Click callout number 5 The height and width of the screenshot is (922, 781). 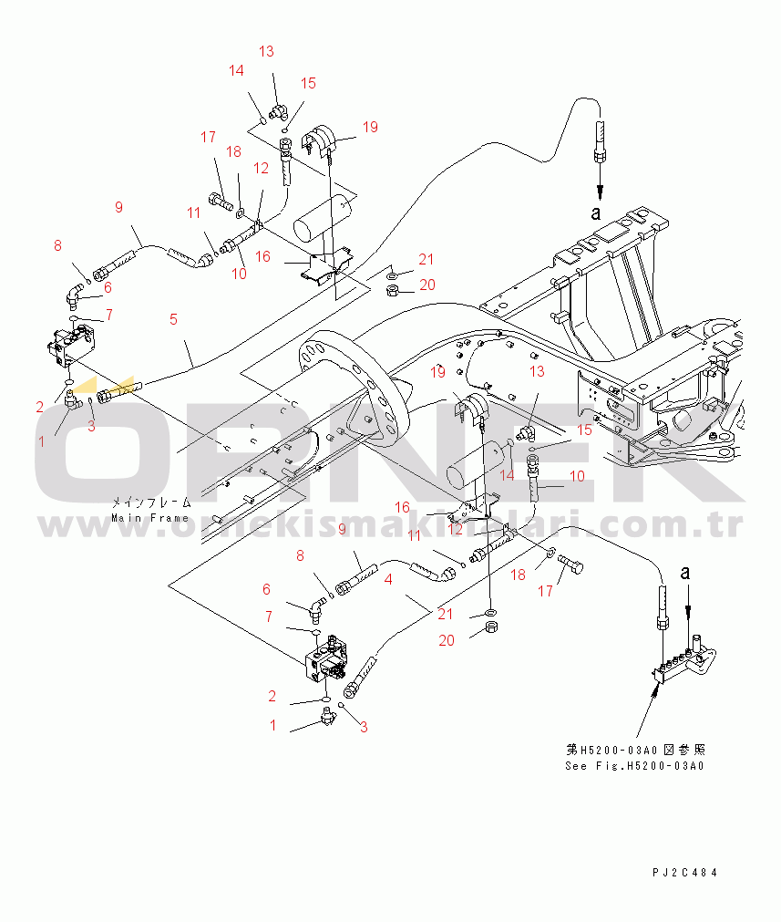click(x=172, y=319)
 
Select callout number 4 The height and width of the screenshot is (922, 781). click(x=389, y=578)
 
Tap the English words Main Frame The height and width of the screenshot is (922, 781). click(x=150, y=518)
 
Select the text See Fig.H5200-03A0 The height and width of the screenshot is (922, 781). click(x=634, y=765)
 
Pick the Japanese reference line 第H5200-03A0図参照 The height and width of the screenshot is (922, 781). click(x=634, y=749)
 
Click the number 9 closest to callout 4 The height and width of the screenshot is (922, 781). click(x=343, y=528)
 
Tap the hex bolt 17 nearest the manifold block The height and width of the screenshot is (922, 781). click(x=571, y=567)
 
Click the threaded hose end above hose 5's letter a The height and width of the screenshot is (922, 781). click(x=600, y=137)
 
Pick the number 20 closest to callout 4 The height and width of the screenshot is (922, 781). click(x=447, y=640)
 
